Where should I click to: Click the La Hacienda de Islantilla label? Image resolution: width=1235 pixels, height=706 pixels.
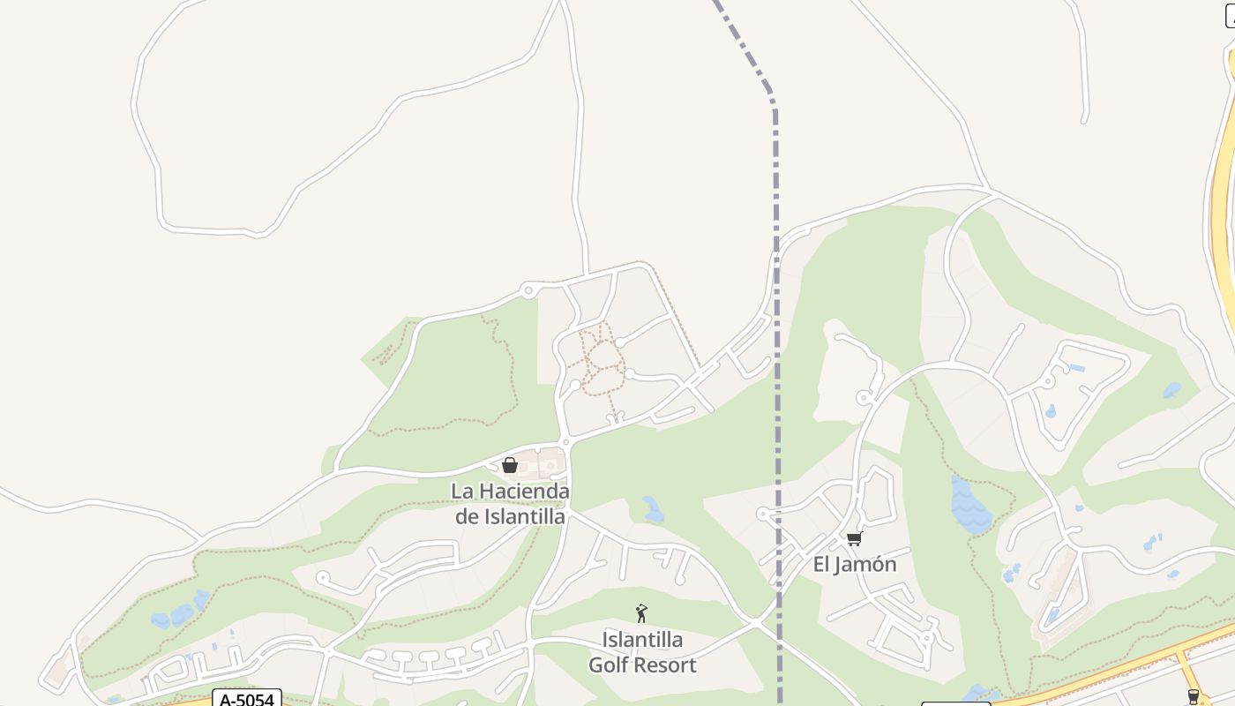click(x=510, y=503)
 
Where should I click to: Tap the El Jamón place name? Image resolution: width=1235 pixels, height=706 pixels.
click(x=854, y=565)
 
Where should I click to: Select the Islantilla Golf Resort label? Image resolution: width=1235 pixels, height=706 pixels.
click(x=642, y=651)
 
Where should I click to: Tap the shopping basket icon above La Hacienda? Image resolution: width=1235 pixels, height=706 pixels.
click(x=509, y=465)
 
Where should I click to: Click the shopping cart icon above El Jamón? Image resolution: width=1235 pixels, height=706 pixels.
click(x=854, y=538)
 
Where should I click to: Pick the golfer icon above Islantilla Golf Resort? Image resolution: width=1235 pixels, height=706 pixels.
click(x=641, y=612)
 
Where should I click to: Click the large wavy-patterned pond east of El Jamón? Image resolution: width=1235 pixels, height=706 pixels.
click(x=970, y=506)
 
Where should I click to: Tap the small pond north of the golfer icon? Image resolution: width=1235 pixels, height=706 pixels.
click(x=653, y=509)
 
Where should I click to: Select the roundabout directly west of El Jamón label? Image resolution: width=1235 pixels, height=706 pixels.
click(x=763, y=514)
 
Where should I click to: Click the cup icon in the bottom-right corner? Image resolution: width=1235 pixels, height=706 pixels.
click(x=1194, y=696)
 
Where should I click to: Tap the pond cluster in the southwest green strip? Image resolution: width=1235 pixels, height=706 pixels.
click(x=176, y=613)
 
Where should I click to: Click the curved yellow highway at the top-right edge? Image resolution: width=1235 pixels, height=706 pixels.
click(x=1222, y=176)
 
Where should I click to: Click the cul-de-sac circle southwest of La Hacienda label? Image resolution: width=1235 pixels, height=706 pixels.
click(x=323, y=578)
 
